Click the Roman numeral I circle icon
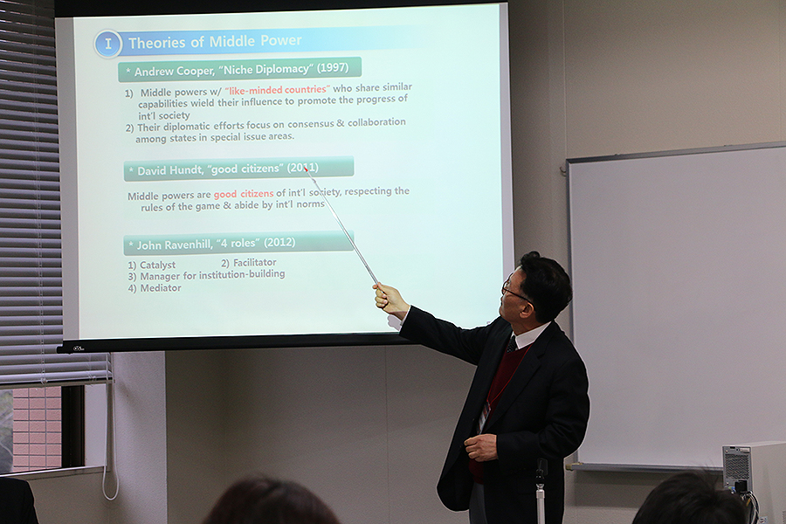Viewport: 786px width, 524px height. tap(107, 45)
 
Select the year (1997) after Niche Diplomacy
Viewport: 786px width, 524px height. tap(333, 67)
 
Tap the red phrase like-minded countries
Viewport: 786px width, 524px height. tap(277, 90)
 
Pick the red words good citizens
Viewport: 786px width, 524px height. tap(244, 194)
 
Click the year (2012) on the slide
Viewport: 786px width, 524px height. tap(279, 242)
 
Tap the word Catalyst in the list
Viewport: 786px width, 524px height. tap(157, 265)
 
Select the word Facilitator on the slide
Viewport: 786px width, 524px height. tap(255, 262)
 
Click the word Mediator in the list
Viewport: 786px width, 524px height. tap(161, 288)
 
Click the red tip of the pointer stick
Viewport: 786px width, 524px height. tap(306, 169)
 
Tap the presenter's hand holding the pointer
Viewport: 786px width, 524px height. tap(390, 300)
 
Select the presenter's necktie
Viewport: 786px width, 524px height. tap(511, 344)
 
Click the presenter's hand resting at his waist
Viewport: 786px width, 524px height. tap(481, 447)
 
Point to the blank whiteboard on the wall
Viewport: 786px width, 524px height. tap(678, 306)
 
